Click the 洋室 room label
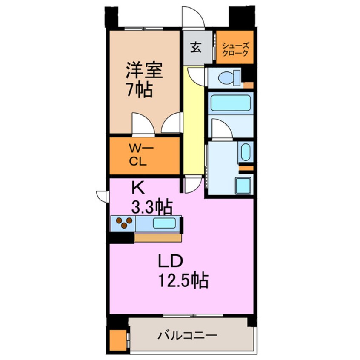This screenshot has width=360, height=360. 144,71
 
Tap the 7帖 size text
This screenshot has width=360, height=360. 139,90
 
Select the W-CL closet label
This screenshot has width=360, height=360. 138,156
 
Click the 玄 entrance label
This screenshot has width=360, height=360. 196,48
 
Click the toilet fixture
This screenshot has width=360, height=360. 230,78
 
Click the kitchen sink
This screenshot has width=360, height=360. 163,223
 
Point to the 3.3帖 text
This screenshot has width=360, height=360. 151,207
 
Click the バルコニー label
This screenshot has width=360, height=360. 187,336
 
